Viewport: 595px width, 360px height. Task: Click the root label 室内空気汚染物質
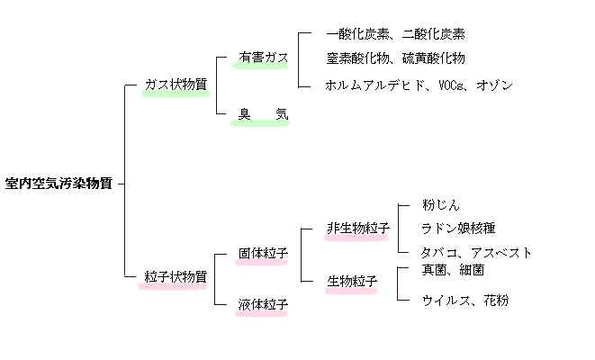[x=59, y=183]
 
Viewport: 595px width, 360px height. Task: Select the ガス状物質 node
[x=176, y=84]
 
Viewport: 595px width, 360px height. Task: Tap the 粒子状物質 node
[x=176, y=276]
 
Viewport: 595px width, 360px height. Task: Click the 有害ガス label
[x=263, y=58]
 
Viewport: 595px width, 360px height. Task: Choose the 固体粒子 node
[x=263, y=254]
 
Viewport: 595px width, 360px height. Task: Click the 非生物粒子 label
[x=357, y=228]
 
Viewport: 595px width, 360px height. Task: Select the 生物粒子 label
[x=351, y=282]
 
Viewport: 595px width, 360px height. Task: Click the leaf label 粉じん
[x=441, y=205]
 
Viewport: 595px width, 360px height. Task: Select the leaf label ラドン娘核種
[x=458, y=228]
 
